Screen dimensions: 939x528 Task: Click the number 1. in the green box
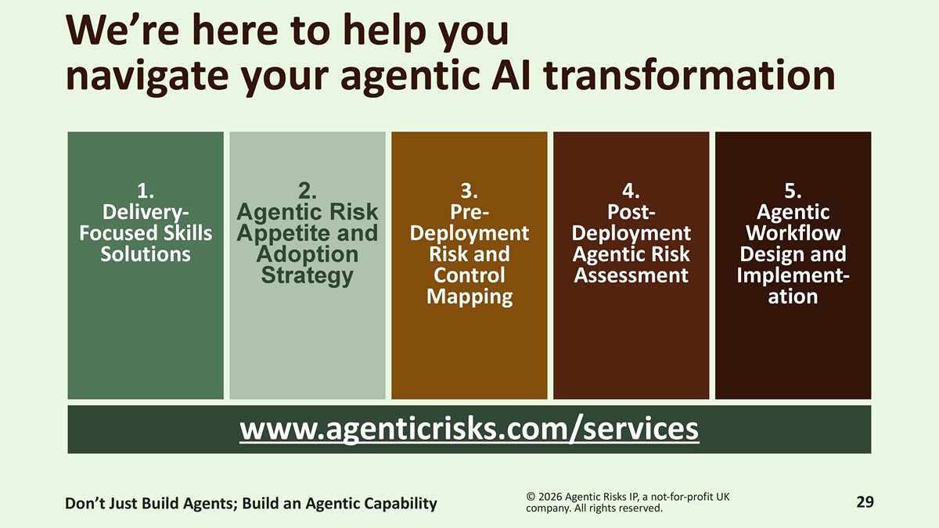(146, 191)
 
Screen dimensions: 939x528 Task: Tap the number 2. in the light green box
(308, 191)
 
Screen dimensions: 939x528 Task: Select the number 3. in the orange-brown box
(469, 191)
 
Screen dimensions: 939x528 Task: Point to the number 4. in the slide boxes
(631, 191)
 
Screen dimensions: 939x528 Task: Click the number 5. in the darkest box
(793, 191)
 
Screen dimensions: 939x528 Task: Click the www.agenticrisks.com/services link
(469, 429)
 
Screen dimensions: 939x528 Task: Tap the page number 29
(865, 501)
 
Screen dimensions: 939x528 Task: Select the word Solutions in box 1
(146, 254)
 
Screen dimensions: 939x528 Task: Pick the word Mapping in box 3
(469, 297)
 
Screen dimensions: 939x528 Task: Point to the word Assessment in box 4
(631, 275)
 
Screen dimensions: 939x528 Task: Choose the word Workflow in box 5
(793, 233)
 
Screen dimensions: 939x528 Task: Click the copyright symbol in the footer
(531, 497)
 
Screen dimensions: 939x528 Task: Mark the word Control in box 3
(469, 275)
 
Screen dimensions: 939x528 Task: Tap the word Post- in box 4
(631, 212)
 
